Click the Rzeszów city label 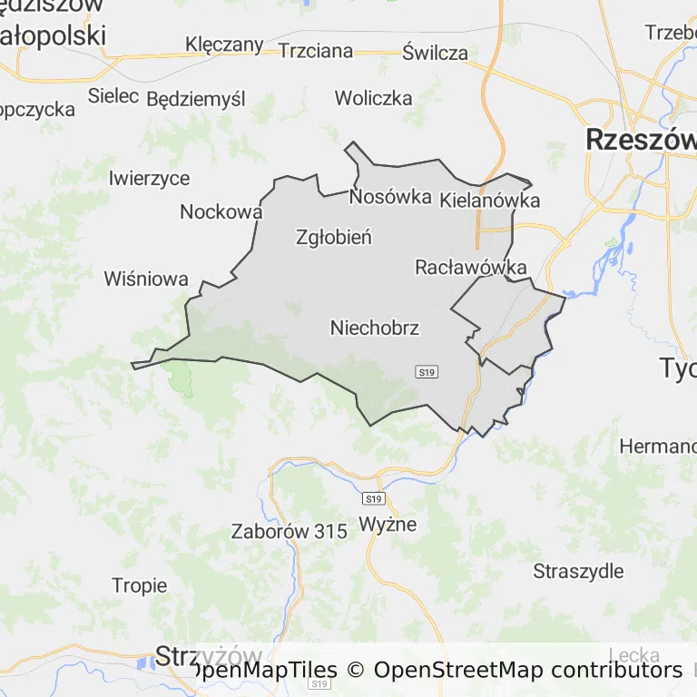(641, 140)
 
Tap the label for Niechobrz (375, 328)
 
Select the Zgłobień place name (334, 238)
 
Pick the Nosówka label (390, 196)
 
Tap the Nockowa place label (221, 211)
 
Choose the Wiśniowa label (146, 279)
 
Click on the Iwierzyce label (149, 178)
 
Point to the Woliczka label (373, 98)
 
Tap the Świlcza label (436, 52)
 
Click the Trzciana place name (316, 51)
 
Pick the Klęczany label (224, 44)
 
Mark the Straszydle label (578, 571)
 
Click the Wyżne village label (388, 524)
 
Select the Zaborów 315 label (290, 532)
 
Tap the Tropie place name (140, 585)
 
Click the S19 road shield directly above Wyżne (373, 499)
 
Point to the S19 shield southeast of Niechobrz (427, 371)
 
